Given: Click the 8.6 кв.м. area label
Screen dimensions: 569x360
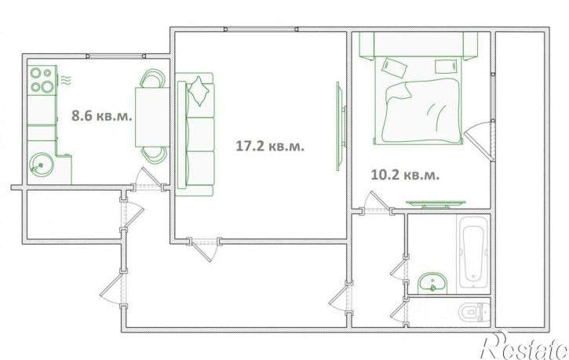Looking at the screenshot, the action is click(x=101, y=116).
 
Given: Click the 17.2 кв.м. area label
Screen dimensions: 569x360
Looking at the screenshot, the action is click(x=270, y=146).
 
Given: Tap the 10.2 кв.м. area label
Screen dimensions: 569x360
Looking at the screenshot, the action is click(x=405, y=175).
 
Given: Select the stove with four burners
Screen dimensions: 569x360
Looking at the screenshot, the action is click(x=42, y=80).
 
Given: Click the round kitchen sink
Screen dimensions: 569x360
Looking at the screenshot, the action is click(x=42, y=165).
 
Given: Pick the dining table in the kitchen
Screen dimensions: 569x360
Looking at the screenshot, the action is click(x=152, y=117).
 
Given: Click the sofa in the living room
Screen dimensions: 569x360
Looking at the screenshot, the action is click(x=195, y=134).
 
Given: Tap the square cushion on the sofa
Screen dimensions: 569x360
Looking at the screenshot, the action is click(x=199, y=90).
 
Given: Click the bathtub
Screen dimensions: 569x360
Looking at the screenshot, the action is click(x=473, y=253).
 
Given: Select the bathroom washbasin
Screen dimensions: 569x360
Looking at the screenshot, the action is click(x=432, y=283).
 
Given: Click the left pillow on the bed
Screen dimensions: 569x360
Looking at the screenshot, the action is click(x=394, y=67).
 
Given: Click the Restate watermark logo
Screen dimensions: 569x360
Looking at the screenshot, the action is click(x=524, y=345).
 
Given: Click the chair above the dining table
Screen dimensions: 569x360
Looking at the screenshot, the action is click(x=153, y=78).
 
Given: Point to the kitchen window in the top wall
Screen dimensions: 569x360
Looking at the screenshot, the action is click(x=115, y=56).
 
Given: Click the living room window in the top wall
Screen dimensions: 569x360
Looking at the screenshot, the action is click(x=261, y=29).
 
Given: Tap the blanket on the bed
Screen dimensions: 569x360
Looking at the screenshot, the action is click(x=421, y=111).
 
